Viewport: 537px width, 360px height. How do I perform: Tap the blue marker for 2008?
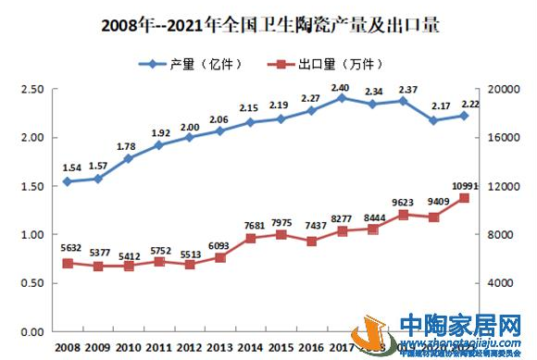[67, 181]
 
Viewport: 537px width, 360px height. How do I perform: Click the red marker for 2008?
[67, 263]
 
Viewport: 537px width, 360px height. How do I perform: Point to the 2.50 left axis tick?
[31, 89]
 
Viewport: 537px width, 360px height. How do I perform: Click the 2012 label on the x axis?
[189, 347]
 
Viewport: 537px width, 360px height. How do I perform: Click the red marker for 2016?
[312, 241]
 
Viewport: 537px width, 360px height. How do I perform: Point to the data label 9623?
[403, 202]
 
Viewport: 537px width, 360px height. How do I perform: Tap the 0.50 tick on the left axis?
[31, 283]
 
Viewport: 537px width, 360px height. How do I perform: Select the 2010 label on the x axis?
[128, 347]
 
